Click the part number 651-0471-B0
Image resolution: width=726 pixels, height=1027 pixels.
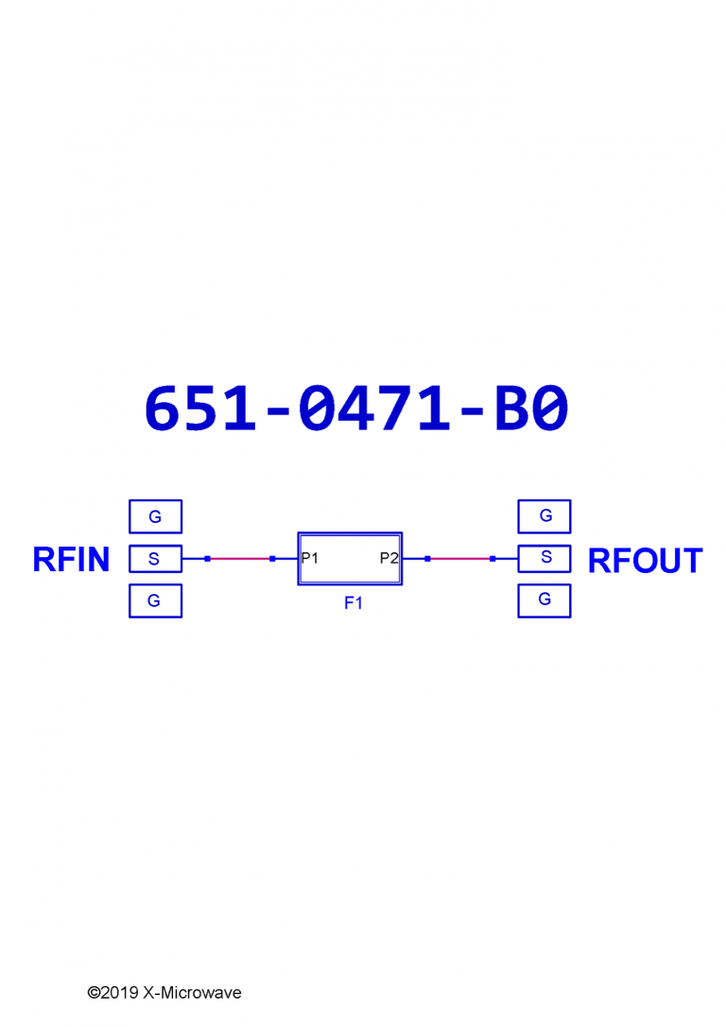tap(356, 409)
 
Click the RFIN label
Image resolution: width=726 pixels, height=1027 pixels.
tap(71, 560)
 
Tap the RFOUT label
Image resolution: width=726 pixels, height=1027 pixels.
tap(645, 561)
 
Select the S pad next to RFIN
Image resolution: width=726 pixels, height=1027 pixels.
tap(155, 559)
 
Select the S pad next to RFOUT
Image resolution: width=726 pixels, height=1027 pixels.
tap(544, 558)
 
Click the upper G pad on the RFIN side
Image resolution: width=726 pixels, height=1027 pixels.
tap(155, 517)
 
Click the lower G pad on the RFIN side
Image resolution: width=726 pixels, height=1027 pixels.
tap(155, 601)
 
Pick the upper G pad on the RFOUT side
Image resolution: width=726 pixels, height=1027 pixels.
tap(544, 516)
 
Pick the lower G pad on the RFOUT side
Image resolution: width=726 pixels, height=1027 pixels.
tap(544, 600)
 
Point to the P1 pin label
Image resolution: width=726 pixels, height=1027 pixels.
tap(310, 558)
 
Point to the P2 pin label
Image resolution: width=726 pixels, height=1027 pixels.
tap(389, 558)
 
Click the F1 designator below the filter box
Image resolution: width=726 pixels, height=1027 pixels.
tap(353, 603)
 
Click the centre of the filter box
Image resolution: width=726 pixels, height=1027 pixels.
tap(350, 558)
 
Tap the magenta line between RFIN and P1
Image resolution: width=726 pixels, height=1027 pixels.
tap(240, 559)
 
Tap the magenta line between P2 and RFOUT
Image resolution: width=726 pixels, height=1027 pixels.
tap(460, 559)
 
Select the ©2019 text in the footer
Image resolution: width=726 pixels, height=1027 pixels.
tap(112, 993)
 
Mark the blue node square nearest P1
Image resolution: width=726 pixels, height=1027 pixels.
tap(272, 559)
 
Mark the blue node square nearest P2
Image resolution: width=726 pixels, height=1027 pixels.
tap(427, 559)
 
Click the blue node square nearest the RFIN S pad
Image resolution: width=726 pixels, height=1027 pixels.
tap(207, 559)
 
